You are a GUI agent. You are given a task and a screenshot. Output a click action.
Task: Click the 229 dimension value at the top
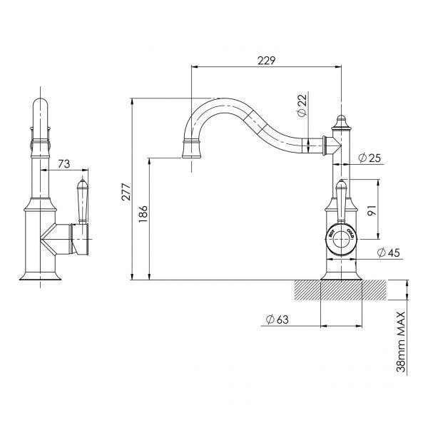pyautogui.click(x=266, y=60)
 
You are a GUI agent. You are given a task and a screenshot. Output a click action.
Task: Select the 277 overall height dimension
pyautogui.click(x=126, y=190)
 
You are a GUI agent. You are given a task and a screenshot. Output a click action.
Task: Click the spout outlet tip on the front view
pyautogui.click(x=191, y=149)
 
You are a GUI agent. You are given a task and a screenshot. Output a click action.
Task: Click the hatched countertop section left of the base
pyautogui.click(x=307, y=290)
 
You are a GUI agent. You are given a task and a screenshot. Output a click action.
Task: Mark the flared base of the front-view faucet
pyautogui.click(x=341, y=273)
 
